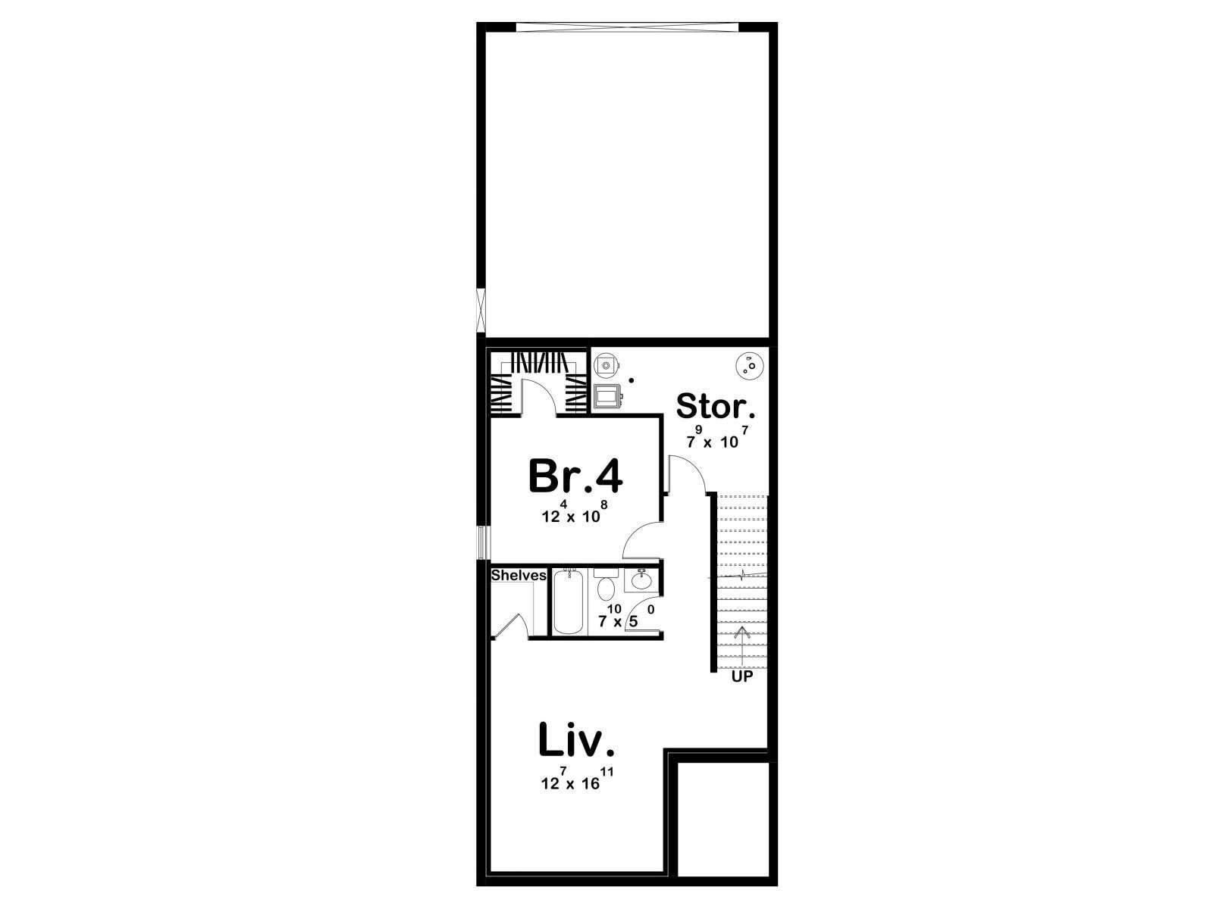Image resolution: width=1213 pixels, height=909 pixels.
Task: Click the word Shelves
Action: click(x=519, y=575)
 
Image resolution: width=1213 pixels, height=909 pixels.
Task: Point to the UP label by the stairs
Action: click(x=741, y=676)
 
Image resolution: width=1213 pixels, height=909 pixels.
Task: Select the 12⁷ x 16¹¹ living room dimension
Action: click(x=577, y=779)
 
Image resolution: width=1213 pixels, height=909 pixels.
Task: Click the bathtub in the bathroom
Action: click(x=568, y=602)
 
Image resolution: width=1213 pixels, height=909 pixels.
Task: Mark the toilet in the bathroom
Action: click(x=606, y=585)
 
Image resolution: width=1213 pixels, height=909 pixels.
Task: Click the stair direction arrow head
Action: click(x=741, y=632)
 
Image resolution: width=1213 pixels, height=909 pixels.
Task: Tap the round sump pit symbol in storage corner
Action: click(x=749, y=365)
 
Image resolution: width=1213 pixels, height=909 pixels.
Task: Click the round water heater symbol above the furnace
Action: click(x=606, y=365)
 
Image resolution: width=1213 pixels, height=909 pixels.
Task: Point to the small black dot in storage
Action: click(x=632, y=380)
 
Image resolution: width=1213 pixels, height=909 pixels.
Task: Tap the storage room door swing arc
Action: click(x=694, y=467)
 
